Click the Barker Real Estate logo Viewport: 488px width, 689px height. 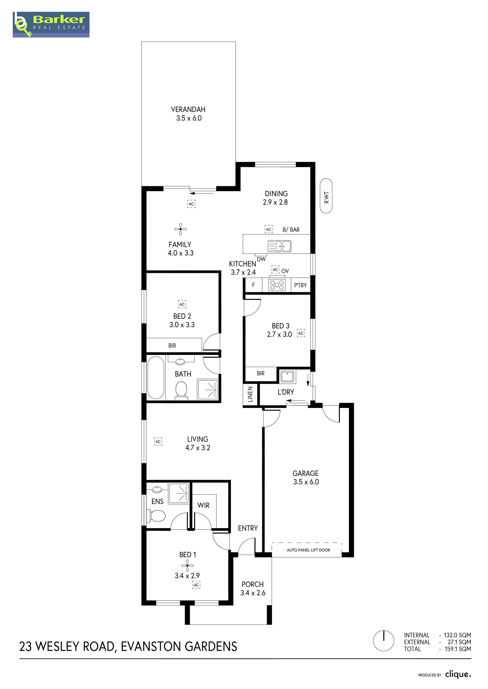51,25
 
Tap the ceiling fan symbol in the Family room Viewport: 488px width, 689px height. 180,229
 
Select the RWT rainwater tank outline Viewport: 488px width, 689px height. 326,196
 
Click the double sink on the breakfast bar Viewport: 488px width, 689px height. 280,246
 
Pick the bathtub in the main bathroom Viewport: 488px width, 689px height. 156,377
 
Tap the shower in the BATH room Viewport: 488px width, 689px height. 207,389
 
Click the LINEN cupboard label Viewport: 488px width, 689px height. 250,394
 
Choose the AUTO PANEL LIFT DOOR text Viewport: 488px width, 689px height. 308,550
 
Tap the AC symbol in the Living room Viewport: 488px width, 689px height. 158,442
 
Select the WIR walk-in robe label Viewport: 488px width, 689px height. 203,505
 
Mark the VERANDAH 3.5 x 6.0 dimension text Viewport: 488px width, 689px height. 189,118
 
